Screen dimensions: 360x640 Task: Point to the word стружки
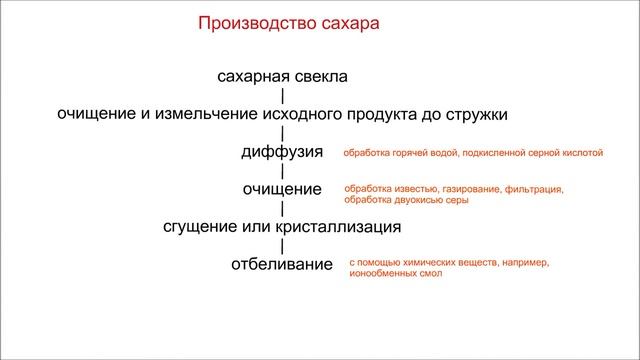(473, 114)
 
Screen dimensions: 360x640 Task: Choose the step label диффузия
(282, 152)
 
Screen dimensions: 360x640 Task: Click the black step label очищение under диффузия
(282, 189)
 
